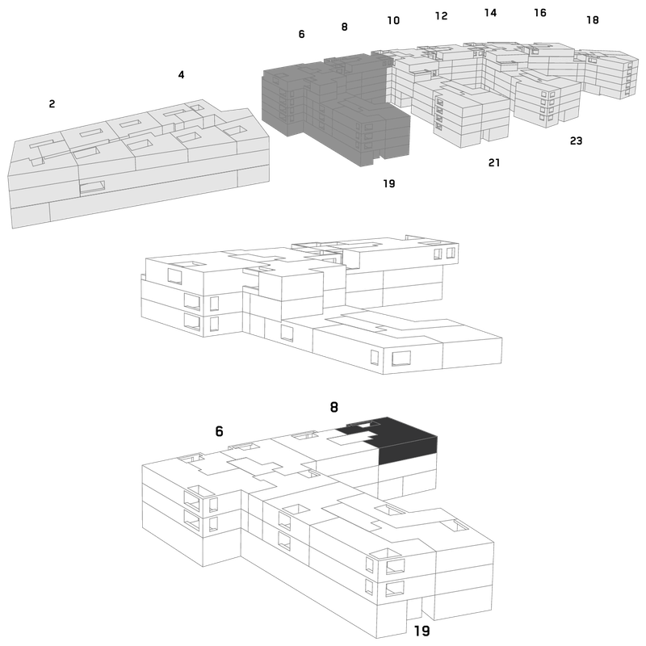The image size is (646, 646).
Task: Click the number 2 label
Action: tap(52, 104)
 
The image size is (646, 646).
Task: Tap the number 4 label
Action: tap(181, 74)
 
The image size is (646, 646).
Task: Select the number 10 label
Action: tap(393, 20)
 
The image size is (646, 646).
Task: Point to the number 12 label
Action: tap(441, 15)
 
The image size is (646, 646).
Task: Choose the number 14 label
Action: tap(490, 13)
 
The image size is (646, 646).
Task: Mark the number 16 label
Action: tap(540, 13)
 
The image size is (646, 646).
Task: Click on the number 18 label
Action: tap(593, 19)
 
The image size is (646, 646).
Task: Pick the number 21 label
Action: tap(494, 163)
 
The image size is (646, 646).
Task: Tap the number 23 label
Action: tap(576, 141)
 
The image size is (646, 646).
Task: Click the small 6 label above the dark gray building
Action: tap(301, 34)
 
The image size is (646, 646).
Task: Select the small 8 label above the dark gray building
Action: tap(345, 27)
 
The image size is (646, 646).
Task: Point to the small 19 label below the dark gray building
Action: tap(389, 183)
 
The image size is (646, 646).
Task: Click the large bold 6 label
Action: tap(219, 431)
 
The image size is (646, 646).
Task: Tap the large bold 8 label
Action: tap(334, 407)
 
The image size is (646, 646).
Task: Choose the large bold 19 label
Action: tap(422, 631)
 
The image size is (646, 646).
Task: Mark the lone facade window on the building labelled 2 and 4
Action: tap(92, 187)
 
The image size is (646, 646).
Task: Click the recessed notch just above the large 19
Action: tap(414, 609)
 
